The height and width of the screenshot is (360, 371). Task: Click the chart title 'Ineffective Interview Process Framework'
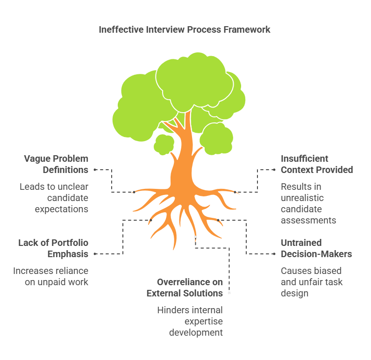[x=185, y=29]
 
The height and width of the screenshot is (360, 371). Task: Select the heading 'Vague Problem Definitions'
[x=56, y=164]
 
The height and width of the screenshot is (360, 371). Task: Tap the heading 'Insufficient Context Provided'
[x=317, y=164]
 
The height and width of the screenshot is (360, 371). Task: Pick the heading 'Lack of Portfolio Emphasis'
[x=53, y=248]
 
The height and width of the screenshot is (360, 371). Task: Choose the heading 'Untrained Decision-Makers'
[x=316, y=248]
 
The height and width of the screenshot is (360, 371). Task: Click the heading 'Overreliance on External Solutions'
[x=185, y=288]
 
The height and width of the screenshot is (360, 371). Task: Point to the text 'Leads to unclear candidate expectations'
[x=54, y=198]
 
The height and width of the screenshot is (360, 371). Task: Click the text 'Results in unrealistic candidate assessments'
[x=308, y=203]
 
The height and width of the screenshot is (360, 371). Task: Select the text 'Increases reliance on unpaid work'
[x=50, y=276]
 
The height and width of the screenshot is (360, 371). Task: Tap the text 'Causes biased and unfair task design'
[x=311, y=282]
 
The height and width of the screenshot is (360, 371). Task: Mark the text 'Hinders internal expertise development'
[x=190, y=321]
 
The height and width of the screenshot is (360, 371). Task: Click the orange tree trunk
[x=182, y=159]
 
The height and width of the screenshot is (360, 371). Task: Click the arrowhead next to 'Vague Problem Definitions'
[x=95, y=170]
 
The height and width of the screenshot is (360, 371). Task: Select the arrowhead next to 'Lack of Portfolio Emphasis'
[x=95, y=254]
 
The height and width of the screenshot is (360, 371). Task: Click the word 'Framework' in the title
[x=249, y=29]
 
